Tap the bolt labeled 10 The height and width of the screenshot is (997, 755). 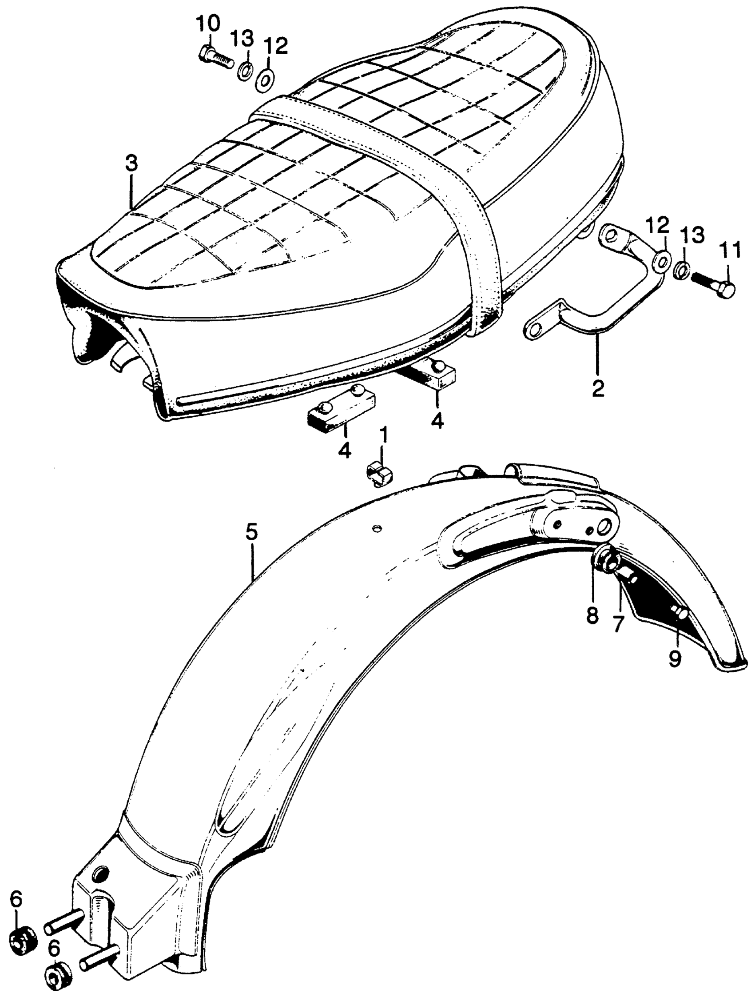pos(215,57)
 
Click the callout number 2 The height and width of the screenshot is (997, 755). pos(597,388)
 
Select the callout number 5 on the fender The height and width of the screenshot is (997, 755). pos(252,533)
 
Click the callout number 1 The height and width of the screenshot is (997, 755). pos(383,435)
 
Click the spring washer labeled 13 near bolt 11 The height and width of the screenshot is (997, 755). pos(682,271)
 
